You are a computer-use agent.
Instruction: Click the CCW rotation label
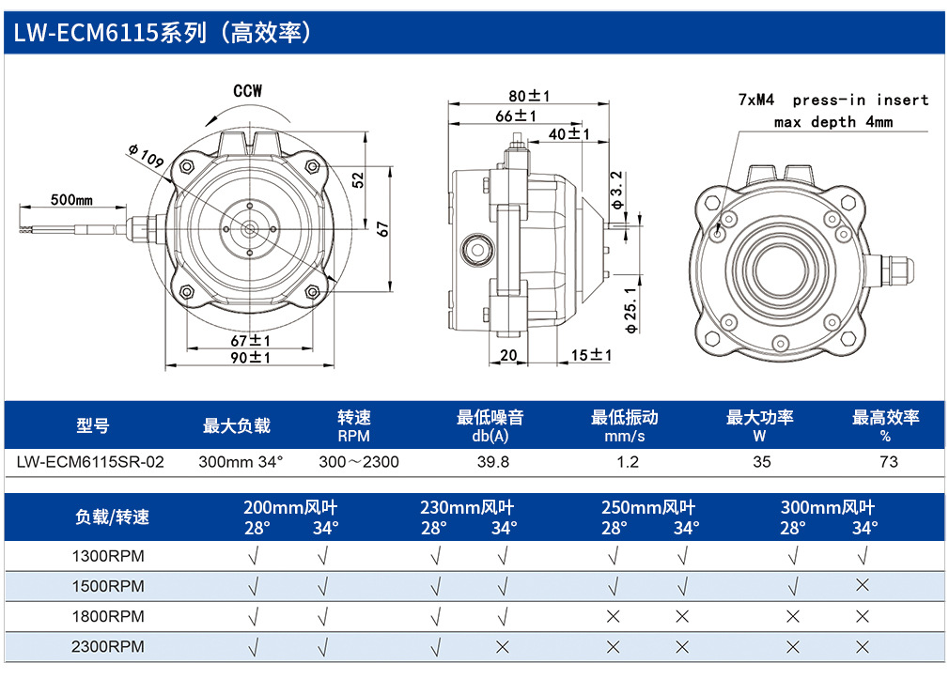tap(247, 91)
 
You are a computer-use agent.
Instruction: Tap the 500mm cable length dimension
tap(71, 199)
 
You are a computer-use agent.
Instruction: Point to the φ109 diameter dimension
tap(146, 156)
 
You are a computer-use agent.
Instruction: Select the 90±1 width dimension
tap(250, 358)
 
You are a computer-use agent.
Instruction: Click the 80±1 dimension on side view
tap(529, 96)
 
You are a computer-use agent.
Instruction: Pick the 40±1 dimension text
tap(568, 133)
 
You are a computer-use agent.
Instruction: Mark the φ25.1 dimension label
tap(630, 311)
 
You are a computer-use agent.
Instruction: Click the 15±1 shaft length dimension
tap(591, 355)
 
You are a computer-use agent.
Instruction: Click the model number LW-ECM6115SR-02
tap(90, 462)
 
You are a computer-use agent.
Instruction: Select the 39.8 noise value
tap(493, 462)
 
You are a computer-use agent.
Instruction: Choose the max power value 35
tap(762, 462)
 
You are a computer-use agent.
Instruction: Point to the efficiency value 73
tap(889, 462)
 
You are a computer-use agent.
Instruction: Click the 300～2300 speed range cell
tap(359, 462)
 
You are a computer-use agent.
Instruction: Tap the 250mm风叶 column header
tap(648, 507)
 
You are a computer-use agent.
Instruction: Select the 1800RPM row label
tap(108, 616)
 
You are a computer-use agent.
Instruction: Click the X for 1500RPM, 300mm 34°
tap(863, 585)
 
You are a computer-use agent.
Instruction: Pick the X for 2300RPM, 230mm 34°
tap(503, 647)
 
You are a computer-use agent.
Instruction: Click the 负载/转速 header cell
tap(112, 517)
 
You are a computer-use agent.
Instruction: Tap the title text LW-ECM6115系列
tap(110, 32)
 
